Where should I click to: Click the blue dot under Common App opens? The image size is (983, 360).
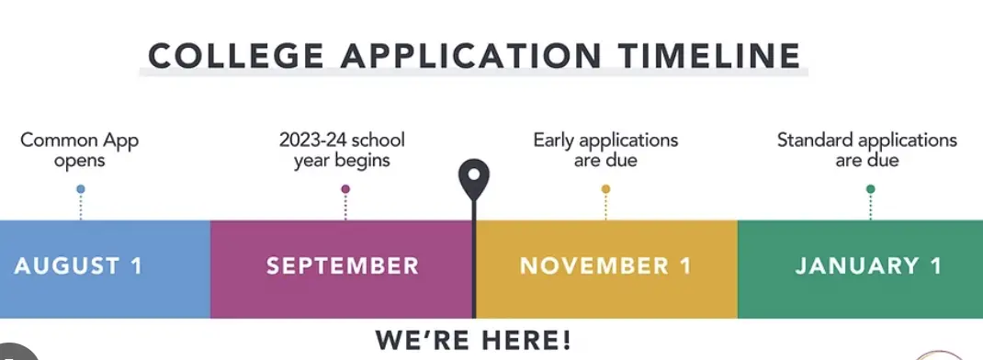pyautogui.click(x=81, y=189)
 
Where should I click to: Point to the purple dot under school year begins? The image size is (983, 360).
pyautogui.click(x=345, y=189)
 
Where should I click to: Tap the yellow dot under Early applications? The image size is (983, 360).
pyautogui.click(x=605, y=189)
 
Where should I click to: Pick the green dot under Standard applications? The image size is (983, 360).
pyautogui.click(x=870, y=189)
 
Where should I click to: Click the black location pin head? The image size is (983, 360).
pyautogui.click(x=474, y=174)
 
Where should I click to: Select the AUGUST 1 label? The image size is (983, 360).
pyautogui.click(x=79, y=266)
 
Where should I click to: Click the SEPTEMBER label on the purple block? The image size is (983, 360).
pyautogui.click(x=343, y=266)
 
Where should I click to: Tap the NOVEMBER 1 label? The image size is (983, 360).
pyautogui.click(x=605, y=266)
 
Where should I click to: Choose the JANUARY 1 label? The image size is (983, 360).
pyautogui.click(x=869, y=266)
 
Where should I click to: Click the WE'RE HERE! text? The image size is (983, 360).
pyautogui.click(x=473, y=341)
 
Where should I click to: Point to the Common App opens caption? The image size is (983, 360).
pyautogui.click(x=80, y=151)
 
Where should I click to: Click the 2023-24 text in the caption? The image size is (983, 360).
pyautogui.click(x=311, y=141)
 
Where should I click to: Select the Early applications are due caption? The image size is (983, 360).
pyautogui.click(x=605, y=151)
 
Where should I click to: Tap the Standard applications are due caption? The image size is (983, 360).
pyautogui.click(x=867, y=151)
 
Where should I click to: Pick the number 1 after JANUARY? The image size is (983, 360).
pyautogui.click(x=936, y=266)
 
